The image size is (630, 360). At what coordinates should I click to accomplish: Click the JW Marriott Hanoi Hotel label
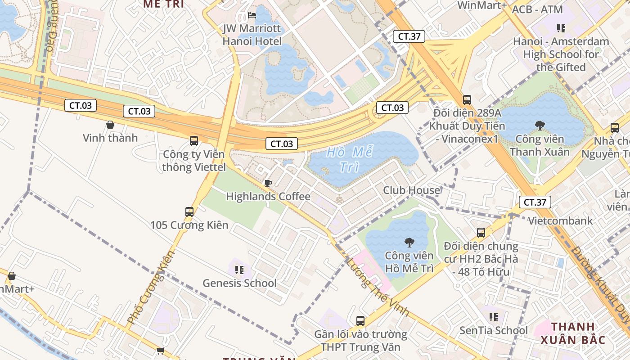tap(252, 35)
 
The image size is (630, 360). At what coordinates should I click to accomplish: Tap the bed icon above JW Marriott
tap(252, 15)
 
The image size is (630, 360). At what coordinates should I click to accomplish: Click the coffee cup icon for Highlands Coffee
tap(268, 183)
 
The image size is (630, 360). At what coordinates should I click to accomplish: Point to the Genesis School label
tap(239, 283)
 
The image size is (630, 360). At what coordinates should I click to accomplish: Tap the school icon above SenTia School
tap(494, 317)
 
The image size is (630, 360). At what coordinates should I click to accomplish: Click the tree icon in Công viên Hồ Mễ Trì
tap(409, 243)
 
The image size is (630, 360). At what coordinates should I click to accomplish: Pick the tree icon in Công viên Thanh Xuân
tap(540, 126)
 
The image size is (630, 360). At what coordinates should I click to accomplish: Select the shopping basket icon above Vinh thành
tap(110, 125)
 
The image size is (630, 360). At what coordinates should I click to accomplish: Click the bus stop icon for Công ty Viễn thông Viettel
tap(194, 141)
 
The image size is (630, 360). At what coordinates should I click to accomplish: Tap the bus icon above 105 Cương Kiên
tap(189, 211)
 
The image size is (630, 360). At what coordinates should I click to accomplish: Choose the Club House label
tap(411, 190)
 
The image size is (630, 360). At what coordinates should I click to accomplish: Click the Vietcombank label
tap(560, 221)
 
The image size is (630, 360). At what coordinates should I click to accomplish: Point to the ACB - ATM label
tap(537, 9)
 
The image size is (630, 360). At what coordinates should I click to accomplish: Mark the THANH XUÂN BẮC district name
tap(573, 333)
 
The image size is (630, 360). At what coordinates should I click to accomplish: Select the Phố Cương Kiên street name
tap(151, 288)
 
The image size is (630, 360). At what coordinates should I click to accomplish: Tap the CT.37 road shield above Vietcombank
tap(534, 202)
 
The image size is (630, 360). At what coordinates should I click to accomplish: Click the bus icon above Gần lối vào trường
tap(360, 321)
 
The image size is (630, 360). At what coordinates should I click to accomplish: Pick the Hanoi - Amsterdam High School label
tap(561, 54)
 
